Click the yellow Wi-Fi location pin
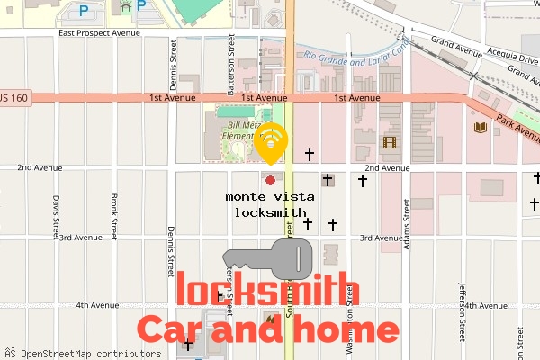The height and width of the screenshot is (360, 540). coord(271,142)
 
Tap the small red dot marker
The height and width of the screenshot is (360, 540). coord(270,180)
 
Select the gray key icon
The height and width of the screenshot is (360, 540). coord(267,259)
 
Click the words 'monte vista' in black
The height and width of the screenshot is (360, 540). coord(265,196)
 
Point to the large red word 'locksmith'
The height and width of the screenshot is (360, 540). coord(268,292)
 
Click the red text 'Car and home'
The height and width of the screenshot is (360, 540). coord(267,328)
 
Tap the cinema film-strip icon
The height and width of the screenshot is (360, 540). coord(390,141)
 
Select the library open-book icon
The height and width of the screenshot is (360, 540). coord(480,128)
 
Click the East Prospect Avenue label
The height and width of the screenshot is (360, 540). coord(100,33)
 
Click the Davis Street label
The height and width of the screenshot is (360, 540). coord(56,217)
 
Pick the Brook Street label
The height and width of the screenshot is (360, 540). coord(114,217)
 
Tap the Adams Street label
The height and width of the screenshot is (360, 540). coord(407,217)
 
